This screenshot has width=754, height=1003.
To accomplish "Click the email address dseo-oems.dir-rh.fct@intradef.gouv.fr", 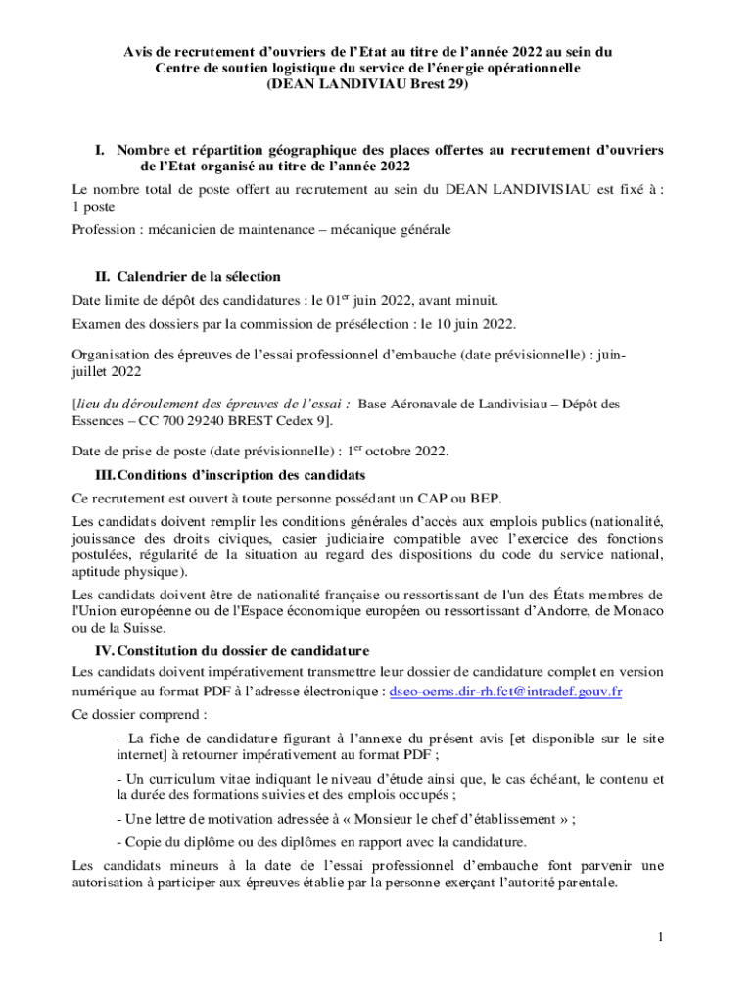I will coord(506,692).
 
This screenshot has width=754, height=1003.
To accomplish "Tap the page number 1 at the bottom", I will coord(661,938).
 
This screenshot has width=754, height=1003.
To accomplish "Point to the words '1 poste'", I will coord(93,207).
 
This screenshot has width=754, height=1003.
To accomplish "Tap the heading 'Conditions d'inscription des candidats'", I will coord(241,474).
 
